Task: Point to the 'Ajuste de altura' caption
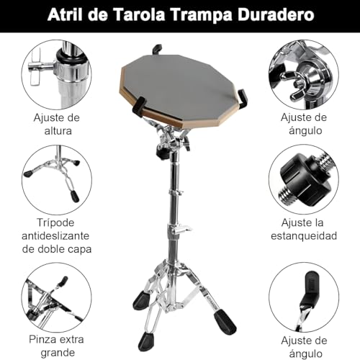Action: (x=55, y=124)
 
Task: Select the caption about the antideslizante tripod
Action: (x=57, y=235)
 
